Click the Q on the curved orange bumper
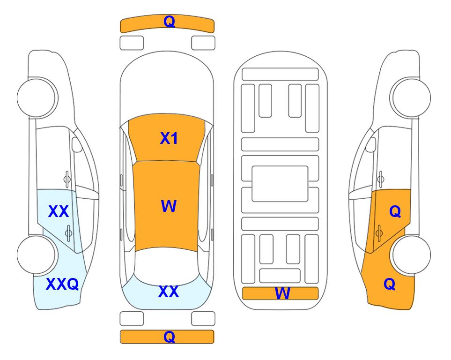(x=169, y=22)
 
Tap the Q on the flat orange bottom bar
(x=169, y=337)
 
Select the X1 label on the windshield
(x=169, y=138)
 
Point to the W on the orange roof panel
(x=169, y=206)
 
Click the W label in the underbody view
(x=282, y=293)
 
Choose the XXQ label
(x=62, y=284)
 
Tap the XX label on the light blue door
(x=59, y=211)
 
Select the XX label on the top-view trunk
(x=169, y=292)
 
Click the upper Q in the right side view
(x=395, y=212)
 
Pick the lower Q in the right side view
(x=390, y=284)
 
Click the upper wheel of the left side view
(x=37, y=98)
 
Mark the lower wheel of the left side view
(x=37, y=255)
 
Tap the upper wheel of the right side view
(x=410, y=98)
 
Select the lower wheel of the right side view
(x=411, y=255)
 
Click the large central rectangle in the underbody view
(x=280, y=184)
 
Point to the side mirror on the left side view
(x=77, y=144)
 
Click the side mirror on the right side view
(x=371, y=144)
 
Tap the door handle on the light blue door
(x=68, y=233)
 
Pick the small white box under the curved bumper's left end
(x=132, y=43)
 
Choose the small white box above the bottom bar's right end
(x=203, y=319)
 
